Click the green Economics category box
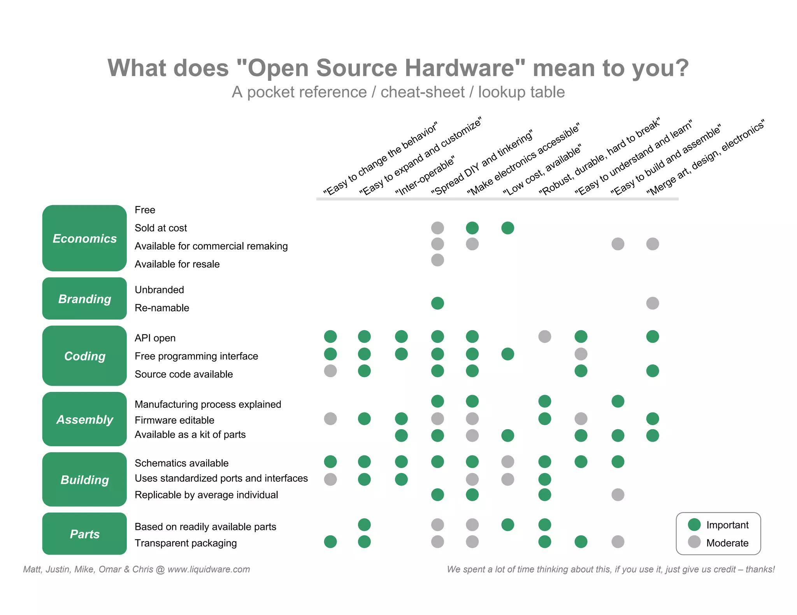84,238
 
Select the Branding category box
84,299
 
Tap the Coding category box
84,356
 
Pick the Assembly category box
84,419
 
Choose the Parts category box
84,534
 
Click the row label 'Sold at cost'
161,228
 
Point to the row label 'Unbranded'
159,290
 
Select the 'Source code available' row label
184,374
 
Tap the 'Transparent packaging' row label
186,543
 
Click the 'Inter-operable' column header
425,176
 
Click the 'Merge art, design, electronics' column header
706,157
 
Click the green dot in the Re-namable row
437,303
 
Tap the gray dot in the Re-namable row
653,303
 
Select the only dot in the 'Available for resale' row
437,260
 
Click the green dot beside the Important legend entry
694,524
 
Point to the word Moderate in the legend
727,543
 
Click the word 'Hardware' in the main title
465,68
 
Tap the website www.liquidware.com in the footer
209,570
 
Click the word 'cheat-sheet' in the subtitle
423,92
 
